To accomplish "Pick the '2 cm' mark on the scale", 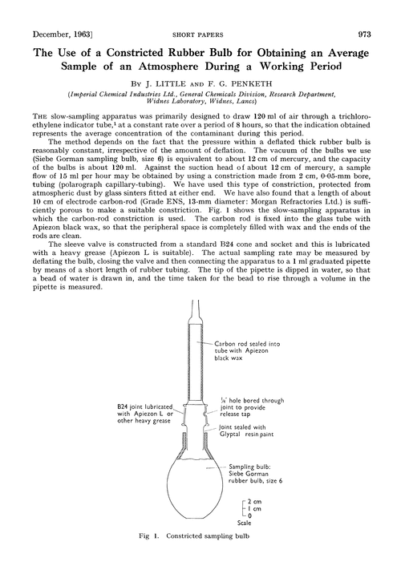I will point(253,501).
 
